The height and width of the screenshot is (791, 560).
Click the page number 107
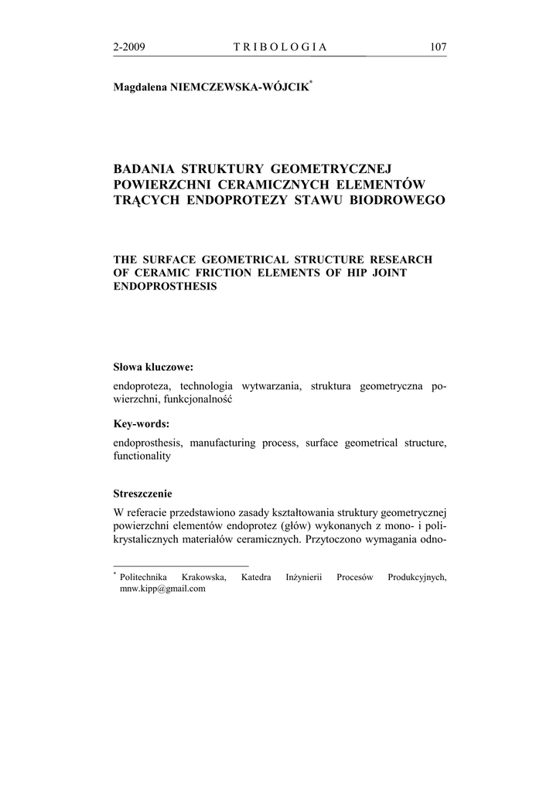click(x=438, y=47)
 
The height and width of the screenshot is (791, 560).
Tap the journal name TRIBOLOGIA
click(x=280, y=47)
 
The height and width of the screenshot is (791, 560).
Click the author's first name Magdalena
click(x=142, y=88)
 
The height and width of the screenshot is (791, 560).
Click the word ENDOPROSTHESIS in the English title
click(x=165, y=286)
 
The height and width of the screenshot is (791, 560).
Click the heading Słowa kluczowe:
click(x=153, y=367)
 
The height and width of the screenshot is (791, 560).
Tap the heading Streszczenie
click(x=142, y=493)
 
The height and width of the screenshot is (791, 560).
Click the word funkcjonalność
click(x=199, y=399)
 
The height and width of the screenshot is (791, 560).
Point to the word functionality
click(x=142, y=456)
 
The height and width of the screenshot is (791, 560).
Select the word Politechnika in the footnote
click(x=145, y=577)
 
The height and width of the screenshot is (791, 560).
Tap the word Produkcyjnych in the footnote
click(x=418, y=577)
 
